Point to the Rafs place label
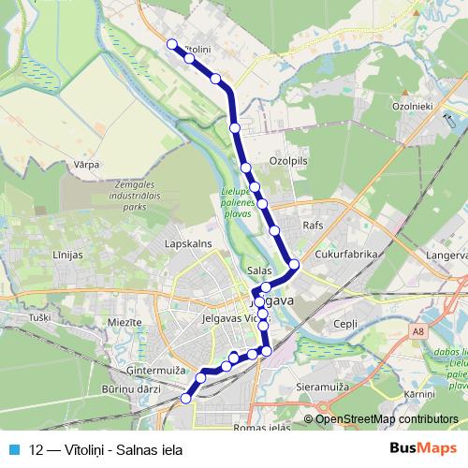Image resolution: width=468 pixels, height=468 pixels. (x=313, y=227)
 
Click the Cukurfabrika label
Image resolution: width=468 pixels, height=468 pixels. (x=344, y=253)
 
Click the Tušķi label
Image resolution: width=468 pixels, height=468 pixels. (x=38, y=318)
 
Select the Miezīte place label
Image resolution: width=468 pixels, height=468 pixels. (x=124, y=322)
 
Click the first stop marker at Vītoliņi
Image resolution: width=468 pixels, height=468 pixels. (x=171, y=44)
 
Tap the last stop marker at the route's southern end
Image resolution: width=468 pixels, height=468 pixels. (x=185, y=398)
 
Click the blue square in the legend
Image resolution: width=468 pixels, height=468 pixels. (x=14, y=448)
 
